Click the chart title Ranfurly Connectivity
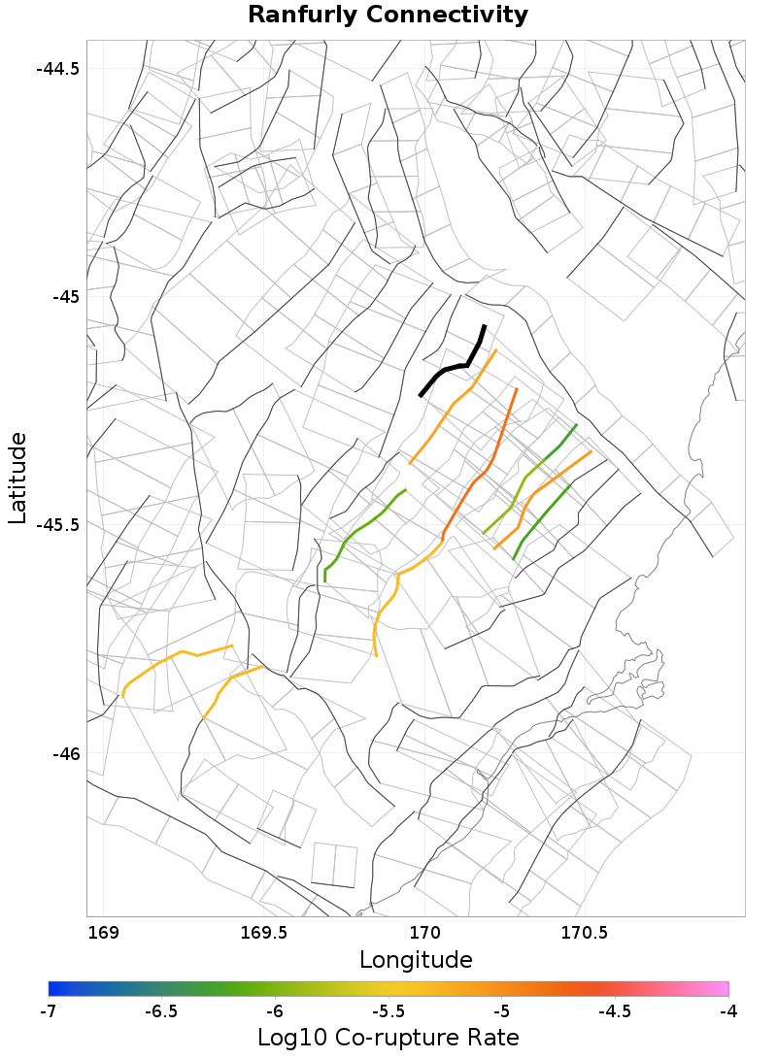click(x=388, y=15)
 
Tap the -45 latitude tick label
click(x=66, y=295)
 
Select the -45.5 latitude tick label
click(x=57, y=524)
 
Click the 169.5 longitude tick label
click(x=262, y=934)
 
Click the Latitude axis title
click(x=17, y=479)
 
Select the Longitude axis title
click(x=416, y=960)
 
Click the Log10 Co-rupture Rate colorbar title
click(x=388, y=1037)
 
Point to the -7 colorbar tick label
click(x=48, y=1010)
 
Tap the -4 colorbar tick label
click(x=727, y=1010)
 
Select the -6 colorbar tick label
click(x=275, y=1010)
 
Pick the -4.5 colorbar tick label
click(x=614, y=1010)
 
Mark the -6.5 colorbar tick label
click(x=161, y=1010)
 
